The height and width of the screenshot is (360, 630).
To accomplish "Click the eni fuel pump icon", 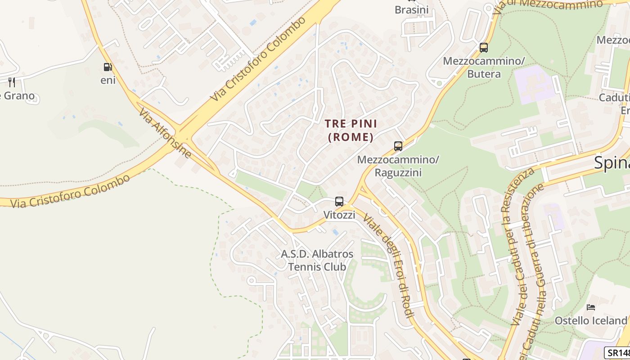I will coord(108,67).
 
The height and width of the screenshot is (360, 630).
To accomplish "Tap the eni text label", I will coord(108,81).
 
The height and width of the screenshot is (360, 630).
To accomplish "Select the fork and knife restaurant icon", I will coord(12,82).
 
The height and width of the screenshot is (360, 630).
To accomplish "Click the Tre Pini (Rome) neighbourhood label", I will coord(351,130).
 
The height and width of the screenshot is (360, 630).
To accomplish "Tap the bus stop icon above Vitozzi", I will coord(339,202).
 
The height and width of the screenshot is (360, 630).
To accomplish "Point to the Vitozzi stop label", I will coord(339,215).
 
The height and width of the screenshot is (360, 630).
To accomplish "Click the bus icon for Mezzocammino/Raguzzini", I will coord(398,146).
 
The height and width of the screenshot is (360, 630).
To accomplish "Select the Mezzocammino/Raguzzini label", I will coord(398,166).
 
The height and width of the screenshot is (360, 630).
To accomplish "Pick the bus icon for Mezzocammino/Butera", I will coord(484,48).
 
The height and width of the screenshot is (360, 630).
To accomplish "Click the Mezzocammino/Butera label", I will coord(484,67).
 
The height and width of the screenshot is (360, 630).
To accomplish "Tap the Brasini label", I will coord(411,9).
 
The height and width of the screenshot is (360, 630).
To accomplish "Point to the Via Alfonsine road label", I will coord(165,133).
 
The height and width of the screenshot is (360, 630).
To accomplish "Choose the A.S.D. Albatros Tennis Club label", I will coord(317,260).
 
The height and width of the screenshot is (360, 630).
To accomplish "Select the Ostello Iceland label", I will coord(590,320).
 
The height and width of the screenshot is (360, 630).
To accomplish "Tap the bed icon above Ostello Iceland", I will coord(591,307).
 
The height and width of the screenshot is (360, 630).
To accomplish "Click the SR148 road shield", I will coord(617,353).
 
